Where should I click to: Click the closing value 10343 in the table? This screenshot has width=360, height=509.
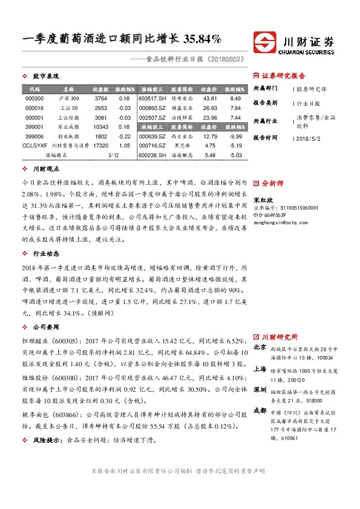click(x=100, y=127)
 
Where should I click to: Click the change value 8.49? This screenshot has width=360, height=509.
click(x=236, y=98)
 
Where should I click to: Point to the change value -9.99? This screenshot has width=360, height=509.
click(x=235, y=137)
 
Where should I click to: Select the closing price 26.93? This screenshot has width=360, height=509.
click(x=210, y=108)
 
